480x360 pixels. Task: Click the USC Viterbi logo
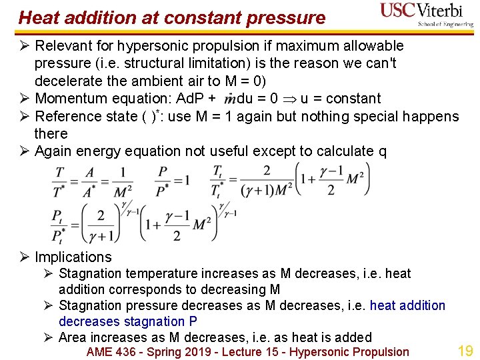point(425,14)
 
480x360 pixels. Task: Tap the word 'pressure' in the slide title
point(286,18)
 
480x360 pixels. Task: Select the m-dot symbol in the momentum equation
point(230,99)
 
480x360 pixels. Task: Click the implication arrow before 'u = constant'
point(290,99)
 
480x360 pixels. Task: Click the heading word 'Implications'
point(73,257)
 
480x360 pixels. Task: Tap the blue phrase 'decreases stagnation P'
point(128,321)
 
